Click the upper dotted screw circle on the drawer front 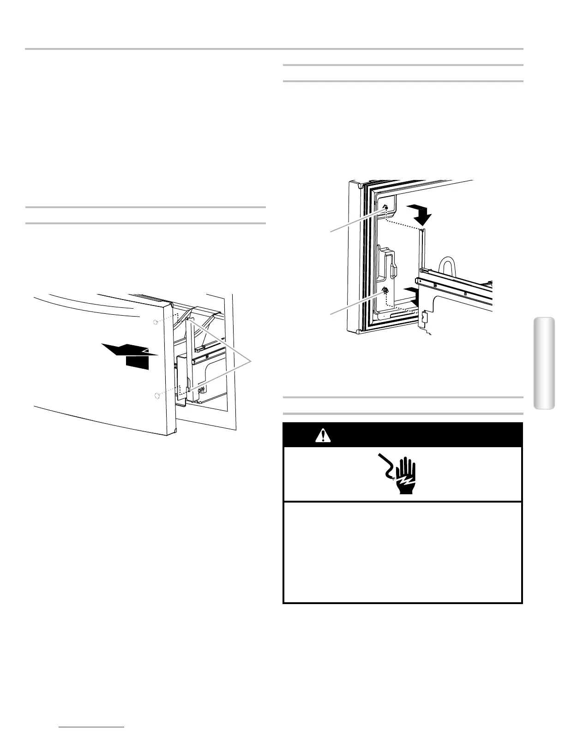156,321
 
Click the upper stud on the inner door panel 385,208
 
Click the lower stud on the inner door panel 384,291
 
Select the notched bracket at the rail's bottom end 422,320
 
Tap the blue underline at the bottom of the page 92,727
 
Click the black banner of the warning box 402,435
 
